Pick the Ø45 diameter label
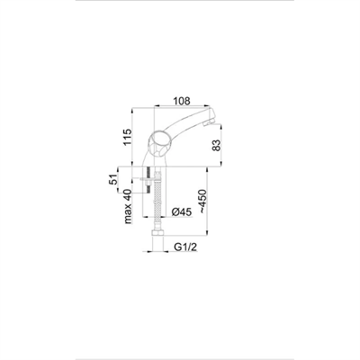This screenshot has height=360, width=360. [x=180, y=212]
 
